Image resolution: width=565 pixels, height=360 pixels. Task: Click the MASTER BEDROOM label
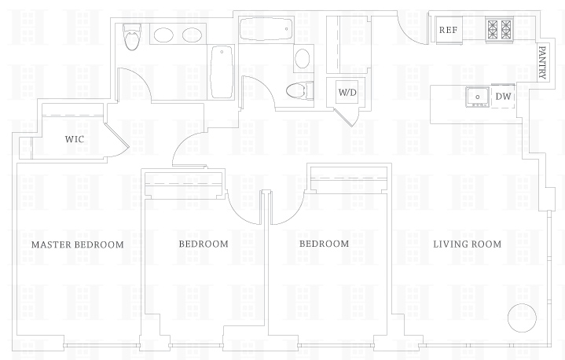[x=77, y=244]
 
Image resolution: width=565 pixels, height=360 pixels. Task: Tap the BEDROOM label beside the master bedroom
[x=204, y=244]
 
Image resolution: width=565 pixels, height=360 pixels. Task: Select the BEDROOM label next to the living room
[x=324, y=244]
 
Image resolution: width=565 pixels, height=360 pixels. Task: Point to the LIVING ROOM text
[x=467, y=244]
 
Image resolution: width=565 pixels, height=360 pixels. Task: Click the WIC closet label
[x=75, y=139]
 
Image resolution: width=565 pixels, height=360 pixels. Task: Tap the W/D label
[x=347, y=93]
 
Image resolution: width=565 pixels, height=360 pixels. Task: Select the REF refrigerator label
[x=448, y=30]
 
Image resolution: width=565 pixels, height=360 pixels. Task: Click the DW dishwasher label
[x=503, y=97]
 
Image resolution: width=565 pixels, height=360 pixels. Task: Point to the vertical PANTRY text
[x=542, y=61]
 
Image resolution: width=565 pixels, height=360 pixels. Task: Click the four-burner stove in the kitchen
[x=499, y=29]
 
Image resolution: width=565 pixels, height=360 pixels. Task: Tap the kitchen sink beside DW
[x=477, y=96]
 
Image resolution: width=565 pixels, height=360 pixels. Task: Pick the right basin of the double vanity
[x=193, y=35]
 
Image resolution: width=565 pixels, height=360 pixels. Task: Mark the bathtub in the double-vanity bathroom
[x=221, y=70]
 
